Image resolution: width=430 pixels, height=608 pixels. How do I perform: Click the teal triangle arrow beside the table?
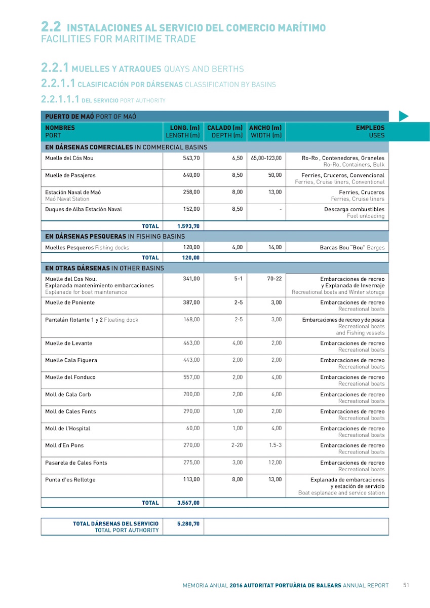pos(404,117)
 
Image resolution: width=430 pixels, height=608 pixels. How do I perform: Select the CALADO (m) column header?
pos(225,132)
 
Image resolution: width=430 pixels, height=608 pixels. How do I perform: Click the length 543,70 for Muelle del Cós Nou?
pos(191,158)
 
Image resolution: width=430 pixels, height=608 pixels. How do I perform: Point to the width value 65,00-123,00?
pos(266,158)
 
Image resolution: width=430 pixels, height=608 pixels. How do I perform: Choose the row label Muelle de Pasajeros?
pos(70,175)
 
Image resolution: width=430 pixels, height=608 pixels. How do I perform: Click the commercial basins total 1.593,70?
pos(188,226)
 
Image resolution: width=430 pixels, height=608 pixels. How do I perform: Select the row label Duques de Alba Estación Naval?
pos(84,209)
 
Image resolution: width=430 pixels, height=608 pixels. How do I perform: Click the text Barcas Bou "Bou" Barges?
pos(352,248)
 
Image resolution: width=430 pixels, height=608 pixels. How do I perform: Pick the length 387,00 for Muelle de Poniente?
pos(191,302)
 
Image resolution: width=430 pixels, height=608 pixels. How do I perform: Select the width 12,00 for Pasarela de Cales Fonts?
pos(275,463)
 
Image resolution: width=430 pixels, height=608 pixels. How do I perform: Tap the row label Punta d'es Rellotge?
pos(70,480)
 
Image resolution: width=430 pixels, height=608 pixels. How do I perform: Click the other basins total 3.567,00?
pos(188,503)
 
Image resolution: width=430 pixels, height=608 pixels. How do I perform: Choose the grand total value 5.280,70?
pos(188,523)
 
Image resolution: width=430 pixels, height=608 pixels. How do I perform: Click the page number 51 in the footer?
pos(406,585)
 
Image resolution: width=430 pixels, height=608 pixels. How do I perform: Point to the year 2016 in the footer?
pos(236,585)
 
